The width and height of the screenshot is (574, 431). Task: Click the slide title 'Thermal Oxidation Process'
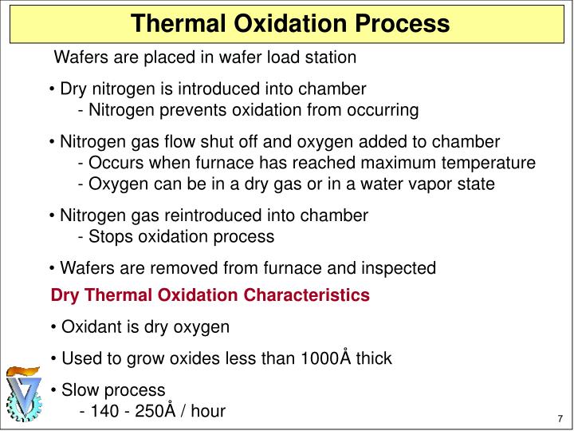(x=290, y=23)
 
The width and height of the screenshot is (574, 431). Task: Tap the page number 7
(x=560, y=420)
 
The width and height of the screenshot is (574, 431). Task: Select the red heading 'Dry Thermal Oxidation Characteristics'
(x=210, y=295)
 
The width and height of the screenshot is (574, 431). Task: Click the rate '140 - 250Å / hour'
(x=152, y=412)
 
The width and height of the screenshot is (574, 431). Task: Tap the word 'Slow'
(x=80, y=390)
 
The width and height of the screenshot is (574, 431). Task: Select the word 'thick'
(x=374, y=358)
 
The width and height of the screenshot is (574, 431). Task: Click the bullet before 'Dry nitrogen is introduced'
(x=52, y=89)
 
